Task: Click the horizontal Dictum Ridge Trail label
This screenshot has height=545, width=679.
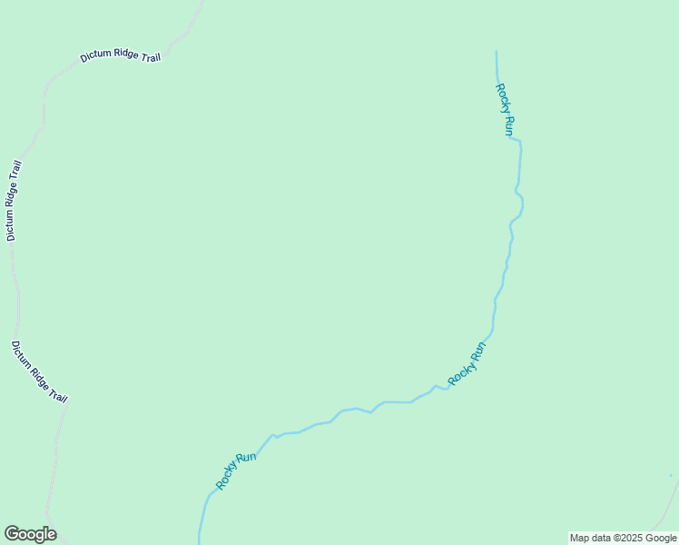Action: click(120, 56)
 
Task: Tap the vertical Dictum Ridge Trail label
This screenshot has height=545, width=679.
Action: click(12, 201)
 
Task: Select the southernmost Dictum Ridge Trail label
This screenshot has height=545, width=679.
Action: click(39, 372)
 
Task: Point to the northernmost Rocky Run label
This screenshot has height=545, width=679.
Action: click(505, 110)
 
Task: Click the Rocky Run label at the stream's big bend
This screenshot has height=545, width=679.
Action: click(467, 362)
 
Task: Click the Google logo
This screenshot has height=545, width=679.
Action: click(30, 534)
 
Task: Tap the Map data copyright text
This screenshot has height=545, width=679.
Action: click(624, 538)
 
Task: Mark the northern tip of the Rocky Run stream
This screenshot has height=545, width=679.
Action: click(497, 52)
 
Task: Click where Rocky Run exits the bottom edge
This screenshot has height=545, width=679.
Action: click(199, 542)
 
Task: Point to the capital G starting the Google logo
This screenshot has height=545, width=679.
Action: click(12, 534)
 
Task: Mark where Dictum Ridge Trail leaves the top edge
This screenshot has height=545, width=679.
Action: click(202, 2)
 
